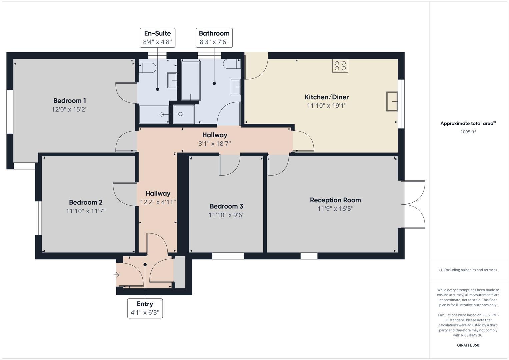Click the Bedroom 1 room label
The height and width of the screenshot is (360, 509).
70,101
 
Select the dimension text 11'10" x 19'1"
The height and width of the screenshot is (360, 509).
327,106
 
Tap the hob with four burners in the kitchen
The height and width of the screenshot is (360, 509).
340,66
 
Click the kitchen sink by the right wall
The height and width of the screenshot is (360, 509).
392,101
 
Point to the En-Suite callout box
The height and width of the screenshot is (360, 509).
157,38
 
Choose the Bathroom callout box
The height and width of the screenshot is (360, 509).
214,38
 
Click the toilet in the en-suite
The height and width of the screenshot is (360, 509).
147,68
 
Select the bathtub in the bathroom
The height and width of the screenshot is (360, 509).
191,81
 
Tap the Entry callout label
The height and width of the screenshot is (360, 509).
145,308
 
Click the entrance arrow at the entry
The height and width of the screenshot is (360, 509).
116,275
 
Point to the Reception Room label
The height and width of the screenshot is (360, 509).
335,200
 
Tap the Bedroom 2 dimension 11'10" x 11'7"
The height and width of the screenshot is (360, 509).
86,211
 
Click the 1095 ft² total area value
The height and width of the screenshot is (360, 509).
468,132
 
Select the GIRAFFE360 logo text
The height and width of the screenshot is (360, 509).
468,345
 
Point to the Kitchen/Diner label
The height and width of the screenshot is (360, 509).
327,97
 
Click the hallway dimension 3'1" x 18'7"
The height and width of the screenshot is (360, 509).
215,144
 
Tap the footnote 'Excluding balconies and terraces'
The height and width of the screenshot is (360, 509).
468,270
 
